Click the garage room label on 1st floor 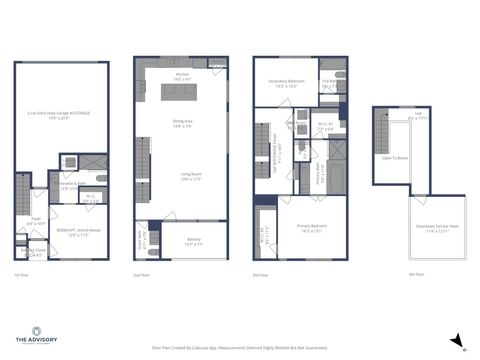pos(62,116)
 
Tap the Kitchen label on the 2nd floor pos(182,77)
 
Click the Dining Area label pos(183,124)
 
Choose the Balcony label pos(194,240)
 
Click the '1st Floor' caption pos(21,273)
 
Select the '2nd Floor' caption pos(142,273)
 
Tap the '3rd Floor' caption pos(260,273)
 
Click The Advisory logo pos(36,335)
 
